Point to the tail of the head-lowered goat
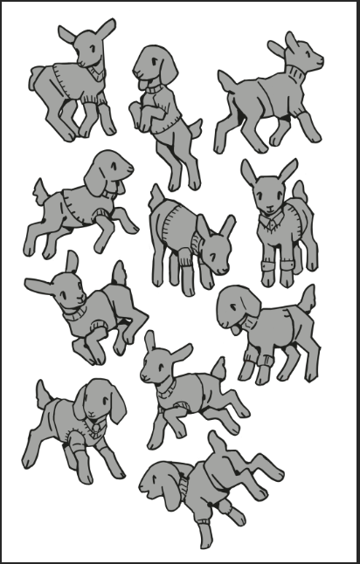click(x=156, y=197)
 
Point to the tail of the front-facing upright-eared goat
click(x=298, y=190)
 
